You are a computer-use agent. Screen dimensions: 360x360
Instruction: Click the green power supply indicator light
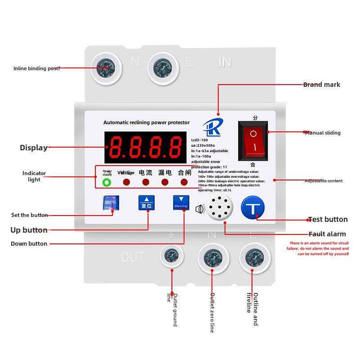[x=107, y=182]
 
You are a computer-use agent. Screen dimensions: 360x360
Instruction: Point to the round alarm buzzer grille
[x=219, y=209]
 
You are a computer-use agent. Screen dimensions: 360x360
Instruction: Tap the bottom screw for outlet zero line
[x=212, y=258]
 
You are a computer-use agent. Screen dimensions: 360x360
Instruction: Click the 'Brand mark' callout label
[x=321, y=85]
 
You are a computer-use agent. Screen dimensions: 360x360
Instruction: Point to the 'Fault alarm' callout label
[x=327, y=234]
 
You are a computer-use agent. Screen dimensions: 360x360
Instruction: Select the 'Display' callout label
[x=33, y=148]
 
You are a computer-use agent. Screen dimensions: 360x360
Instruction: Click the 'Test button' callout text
[x=328, y=220]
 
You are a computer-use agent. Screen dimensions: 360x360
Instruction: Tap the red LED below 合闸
[x=184, y=182]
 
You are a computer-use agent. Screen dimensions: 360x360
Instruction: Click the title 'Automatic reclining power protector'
[x=146, y=122]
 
